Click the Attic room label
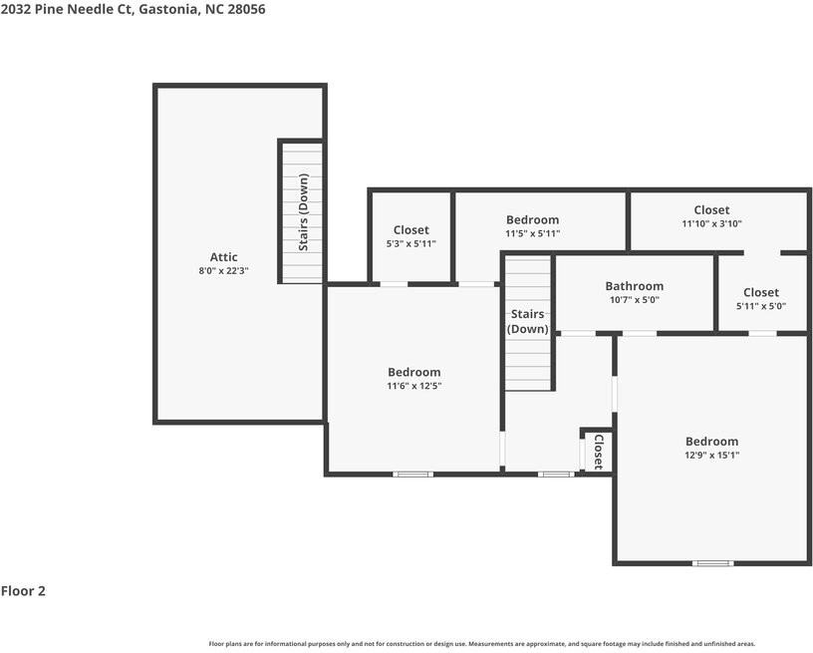[223, 257]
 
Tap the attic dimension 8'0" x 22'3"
[223, 270]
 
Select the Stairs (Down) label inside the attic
[303, 212]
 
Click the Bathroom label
[634, 286]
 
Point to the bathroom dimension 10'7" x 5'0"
[634, 299]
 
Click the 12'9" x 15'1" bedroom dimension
[711, 455]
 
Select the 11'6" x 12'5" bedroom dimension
[413, 385]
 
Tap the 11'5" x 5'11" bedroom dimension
[532, 233]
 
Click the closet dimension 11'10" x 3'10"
[711, 224]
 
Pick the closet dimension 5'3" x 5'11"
[410, 243]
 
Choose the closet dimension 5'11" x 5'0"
[760, 306]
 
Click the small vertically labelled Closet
[598, 451]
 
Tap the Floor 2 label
[24, 591]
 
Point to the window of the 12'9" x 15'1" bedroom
[712, 563]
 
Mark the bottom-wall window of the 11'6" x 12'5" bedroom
[412, 474]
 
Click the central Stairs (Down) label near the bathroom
[527, 321]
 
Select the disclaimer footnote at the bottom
[481, 644]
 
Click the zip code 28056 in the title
[244, 9]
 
